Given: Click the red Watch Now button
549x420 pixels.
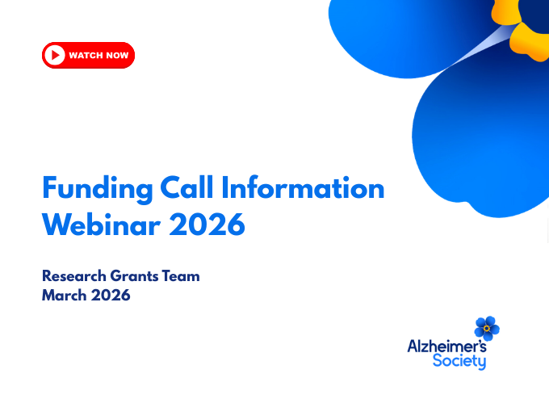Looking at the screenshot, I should pyautogui.click(x=88, y=55).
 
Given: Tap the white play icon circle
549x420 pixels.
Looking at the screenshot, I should pyautogui.click(x=55, y=55).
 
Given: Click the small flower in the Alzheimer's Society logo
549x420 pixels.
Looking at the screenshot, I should pyautogui.click(x=487, y=328).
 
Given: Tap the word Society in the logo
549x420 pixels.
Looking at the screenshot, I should pyautogui.click(x=459, y=361).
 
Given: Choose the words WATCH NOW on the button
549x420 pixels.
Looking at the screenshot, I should pyautogui.click(x=98, y=55).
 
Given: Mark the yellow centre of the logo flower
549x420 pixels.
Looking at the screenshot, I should pyautogui.click(x=487, y=329).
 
